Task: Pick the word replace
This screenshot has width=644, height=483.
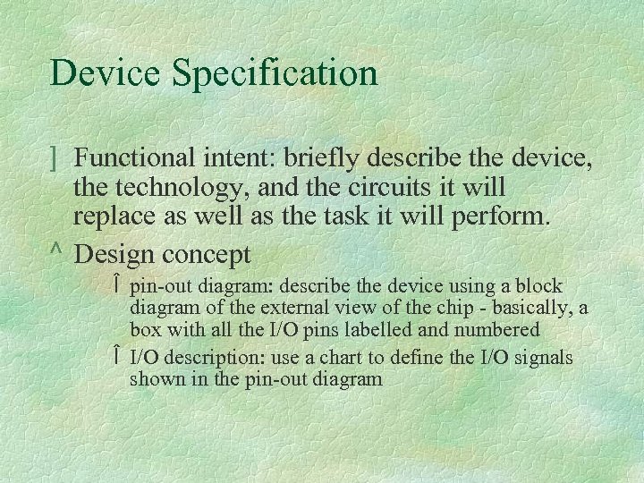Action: point(115,220)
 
